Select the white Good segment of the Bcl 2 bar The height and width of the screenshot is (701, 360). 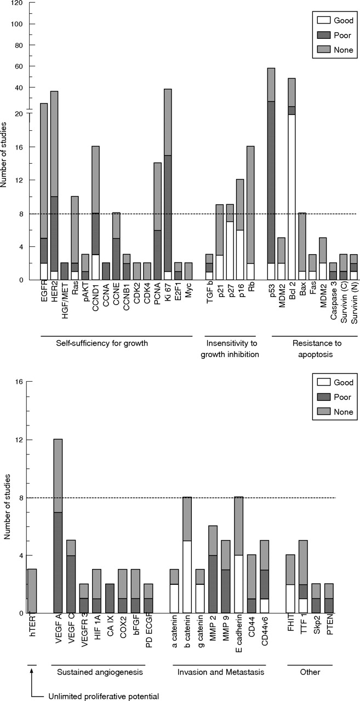292,197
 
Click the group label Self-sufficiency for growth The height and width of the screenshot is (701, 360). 102,343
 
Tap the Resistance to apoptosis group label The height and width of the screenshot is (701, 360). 317,349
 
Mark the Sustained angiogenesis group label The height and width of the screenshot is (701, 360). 100,672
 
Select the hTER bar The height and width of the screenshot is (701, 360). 32,591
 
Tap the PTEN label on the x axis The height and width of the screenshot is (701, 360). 329,626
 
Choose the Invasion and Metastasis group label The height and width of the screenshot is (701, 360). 221,672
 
